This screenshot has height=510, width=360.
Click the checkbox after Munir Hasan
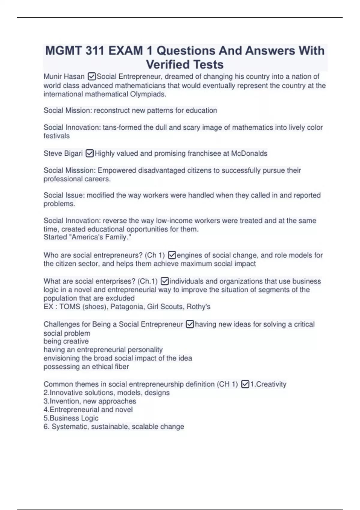tap(92, 76)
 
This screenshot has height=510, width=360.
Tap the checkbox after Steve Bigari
tap(90, 153)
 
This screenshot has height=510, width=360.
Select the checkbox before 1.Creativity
tap(245, 384)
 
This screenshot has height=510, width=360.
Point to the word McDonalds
tap(249, 153)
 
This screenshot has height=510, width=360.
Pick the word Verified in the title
tap(168, 64)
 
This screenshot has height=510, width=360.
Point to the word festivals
tap(56, 136)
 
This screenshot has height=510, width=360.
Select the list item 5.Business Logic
tap(71, 418)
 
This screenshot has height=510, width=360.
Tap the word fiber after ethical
tap(122, 367)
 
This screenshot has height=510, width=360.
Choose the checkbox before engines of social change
tap(172, 255)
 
